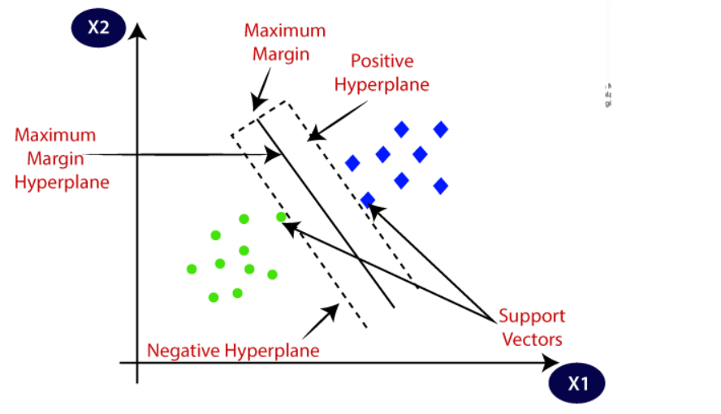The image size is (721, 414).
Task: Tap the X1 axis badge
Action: pos(577,383)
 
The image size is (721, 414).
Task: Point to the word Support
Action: pos(531,316)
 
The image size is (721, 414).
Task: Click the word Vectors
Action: pos(532,339)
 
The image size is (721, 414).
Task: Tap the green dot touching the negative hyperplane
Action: pos(281,217)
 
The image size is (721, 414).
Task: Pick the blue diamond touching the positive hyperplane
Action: pos(368,199)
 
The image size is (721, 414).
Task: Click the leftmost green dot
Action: pos(192,269)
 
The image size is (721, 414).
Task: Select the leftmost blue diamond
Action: pos(352,163)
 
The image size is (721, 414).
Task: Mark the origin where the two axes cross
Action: pos(139,362)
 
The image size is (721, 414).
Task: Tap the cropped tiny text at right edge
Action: pos(607,94)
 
